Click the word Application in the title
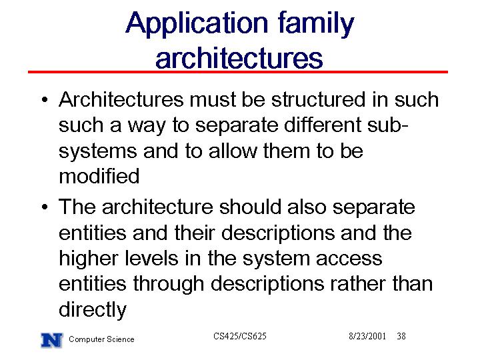click(197, 25)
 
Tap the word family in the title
click(316, 25)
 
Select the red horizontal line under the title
click(238, 72)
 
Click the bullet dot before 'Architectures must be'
click(45, 100)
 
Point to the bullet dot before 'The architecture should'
click(45, 207)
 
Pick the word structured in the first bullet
click(319, 99)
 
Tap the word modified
click(99, 176)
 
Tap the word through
click(169, 285)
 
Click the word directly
click(93, 310)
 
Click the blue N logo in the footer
click(52, 340)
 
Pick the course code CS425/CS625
click(240, 336)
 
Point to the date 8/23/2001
click(367, 336)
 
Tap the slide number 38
click(401, 336)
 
